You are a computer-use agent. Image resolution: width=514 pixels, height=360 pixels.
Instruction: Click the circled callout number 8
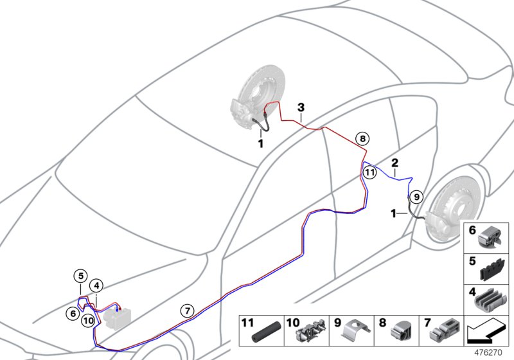click(362, 138)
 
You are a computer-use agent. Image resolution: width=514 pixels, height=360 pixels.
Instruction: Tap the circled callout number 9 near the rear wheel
click(416, 197)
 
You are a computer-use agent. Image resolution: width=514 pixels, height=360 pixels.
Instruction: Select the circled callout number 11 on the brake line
click(369, 172)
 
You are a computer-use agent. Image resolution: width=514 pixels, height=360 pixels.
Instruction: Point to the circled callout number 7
click(186, 311)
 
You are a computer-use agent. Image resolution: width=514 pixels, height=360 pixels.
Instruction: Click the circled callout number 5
click(80, 276)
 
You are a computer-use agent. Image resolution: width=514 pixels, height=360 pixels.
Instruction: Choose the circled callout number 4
click(96, 285)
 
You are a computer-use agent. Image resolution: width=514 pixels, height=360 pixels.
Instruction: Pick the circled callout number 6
click(75, 312)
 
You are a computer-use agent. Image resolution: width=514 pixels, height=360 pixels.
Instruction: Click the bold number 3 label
click(300, 107)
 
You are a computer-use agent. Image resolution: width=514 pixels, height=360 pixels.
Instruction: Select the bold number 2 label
click(395, 163)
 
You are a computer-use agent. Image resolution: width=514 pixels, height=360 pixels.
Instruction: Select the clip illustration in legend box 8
click(402, 333)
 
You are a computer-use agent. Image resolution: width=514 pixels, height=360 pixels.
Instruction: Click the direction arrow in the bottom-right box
click(486, 332)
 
